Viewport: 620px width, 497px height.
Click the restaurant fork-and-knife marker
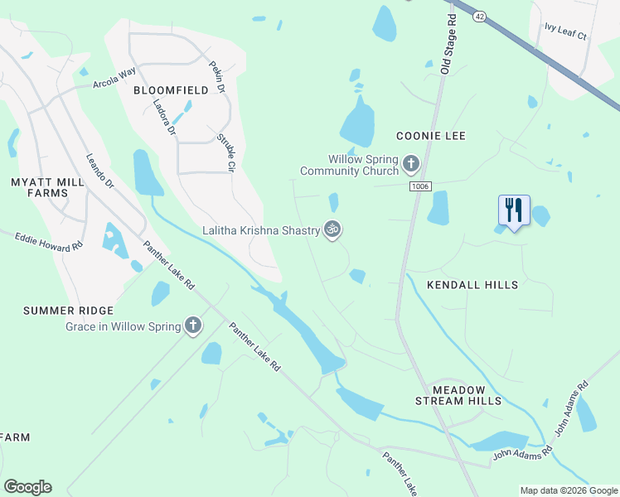[514, 210]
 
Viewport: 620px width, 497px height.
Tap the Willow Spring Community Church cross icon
[410, 165]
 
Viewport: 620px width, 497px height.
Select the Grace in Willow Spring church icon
[193, 326]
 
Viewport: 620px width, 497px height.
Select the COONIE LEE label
[431, 136]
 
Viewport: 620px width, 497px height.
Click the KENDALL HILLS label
[472, 285]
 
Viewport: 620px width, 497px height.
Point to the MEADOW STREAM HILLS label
[467, 394]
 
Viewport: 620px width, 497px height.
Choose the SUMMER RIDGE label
[68, 311]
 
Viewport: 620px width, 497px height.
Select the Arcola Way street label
[114, 78]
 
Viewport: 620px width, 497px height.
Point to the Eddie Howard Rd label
[50, 242]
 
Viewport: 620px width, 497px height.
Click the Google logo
[27, 487]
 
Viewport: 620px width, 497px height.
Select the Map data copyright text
[569, 490]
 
